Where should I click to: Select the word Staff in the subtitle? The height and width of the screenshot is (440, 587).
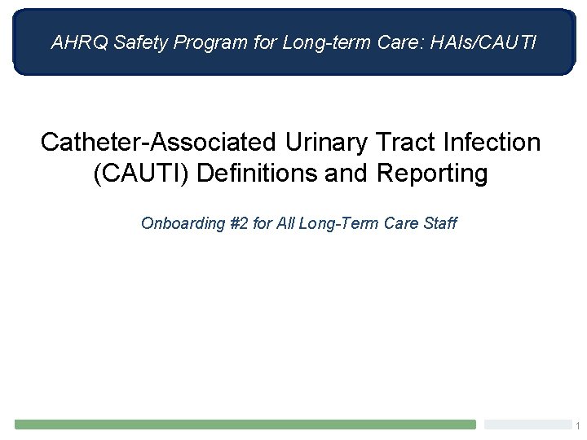439,222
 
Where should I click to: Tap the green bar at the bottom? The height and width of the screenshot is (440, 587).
245,425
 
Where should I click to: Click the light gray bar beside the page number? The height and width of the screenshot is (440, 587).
526,425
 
